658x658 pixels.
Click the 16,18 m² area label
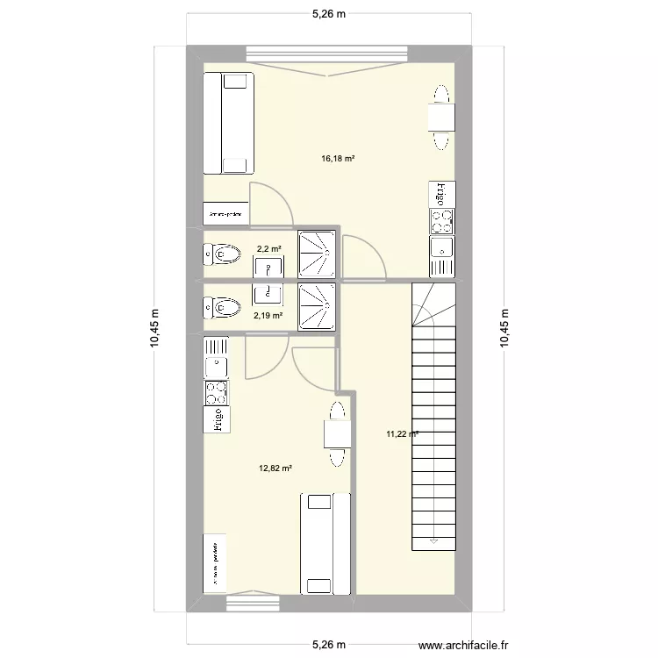338,159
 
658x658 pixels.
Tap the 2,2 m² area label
268,249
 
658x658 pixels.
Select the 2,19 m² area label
268,315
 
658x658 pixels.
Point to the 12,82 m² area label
275,468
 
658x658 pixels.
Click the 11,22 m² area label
401,433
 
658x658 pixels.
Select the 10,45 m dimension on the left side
154,328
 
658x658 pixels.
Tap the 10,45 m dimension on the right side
504,328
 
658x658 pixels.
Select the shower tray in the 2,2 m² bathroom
316,254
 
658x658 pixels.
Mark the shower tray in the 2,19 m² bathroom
316,307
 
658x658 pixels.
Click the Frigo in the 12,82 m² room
216,421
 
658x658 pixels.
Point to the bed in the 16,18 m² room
229,123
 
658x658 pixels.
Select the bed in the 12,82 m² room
325,544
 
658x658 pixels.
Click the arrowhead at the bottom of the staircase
433,541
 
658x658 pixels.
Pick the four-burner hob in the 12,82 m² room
216,392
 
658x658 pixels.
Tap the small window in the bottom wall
253,603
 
